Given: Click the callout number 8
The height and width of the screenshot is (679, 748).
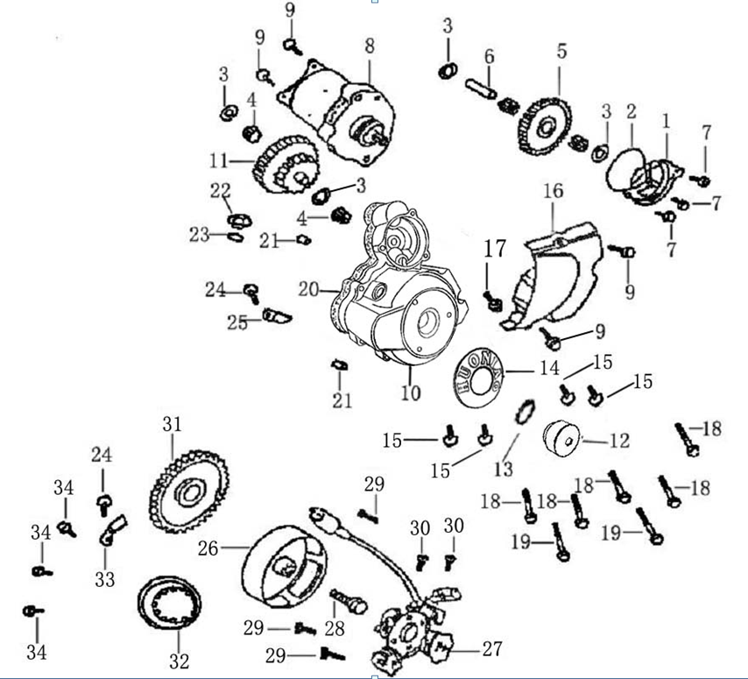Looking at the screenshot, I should tap(369, 44).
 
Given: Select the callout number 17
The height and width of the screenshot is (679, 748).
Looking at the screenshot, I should tap(496, 249).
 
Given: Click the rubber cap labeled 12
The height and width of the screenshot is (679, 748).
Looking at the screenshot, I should tap(562, 438).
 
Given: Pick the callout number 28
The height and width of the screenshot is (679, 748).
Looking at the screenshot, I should tap(334, 629).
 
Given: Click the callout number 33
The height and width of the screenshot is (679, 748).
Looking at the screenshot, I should tap(104, 579).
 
